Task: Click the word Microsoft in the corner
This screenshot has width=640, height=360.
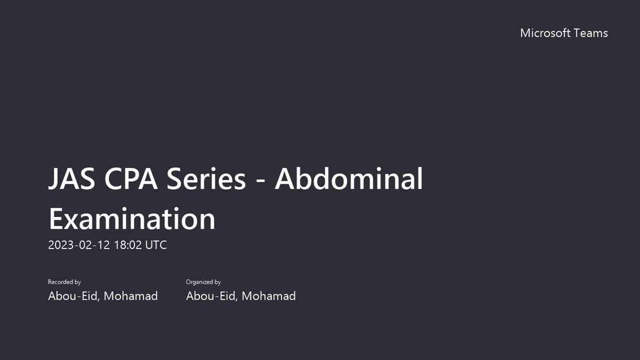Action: point(545,33)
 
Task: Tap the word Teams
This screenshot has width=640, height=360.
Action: point(591,33)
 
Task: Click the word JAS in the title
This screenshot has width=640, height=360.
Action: point(71,179)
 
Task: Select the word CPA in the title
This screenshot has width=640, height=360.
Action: point(131,179)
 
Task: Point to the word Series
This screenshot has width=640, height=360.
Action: point(206,179)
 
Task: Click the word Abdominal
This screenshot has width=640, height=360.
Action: point(349,178)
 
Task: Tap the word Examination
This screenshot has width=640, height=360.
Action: point(132,219)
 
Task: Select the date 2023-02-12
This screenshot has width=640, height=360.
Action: point(79,245)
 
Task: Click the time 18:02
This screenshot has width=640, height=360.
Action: point(127,245)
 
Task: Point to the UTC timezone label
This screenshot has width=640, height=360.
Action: point(156,245)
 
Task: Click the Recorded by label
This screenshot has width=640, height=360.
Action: point(65,282)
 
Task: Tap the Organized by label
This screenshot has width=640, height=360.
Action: point(203,282)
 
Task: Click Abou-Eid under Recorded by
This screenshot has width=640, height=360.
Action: point(74,296)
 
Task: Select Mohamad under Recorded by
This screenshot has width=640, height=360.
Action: point(131,296)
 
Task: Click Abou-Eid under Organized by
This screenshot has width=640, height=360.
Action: point(212,296)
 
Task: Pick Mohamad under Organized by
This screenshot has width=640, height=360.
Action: point(269,296)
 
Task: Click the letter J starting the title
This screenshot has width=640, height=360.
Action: point(53,179)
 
